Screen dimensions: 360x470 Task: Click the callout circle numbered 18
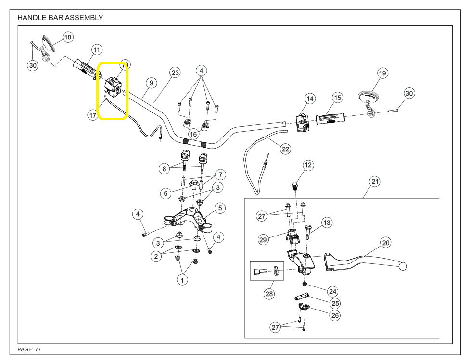pyautogui.click(x=67, y=37)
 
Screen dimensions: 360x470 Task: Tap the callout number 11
pyautogui.click(x=97, y=50)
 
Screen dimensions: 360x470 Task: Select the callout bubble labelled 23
pyautogui.click(x=175, y=73)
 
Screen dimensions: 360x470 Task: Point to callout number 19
pyautogui.click(x=382, y=73)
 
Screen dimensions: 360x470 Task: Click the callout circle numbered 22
pyautogui.click(x=286, y=149)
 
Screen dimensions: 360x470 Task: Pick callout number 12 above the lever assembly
pyautogui.click(x=308, y=165)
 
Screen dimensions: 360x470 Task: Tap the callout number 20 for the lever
pyautogui.click(x=386, y=243)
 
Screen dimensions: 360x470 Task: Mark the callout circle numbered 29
pyautogui.click(x=263, y=239)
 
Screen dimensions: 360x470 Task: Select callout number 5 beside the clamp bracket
pyautogui.click(x=220, y=208)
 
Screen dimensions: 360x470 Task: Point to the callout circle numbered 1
pyautogui.click(x=182, y=280)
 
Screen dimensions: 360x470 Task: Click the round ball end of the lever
pyautogui.click(x=403, y=267)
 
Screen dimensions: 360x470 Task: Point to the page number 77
pyautogui.click(x=38, y=349)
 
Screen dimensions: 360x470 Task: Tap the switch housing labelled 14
pyautogui.click(x=302, y=122)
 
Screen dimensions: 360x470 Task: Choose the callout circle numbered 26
pyautogui.click(x=335, y=315)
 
